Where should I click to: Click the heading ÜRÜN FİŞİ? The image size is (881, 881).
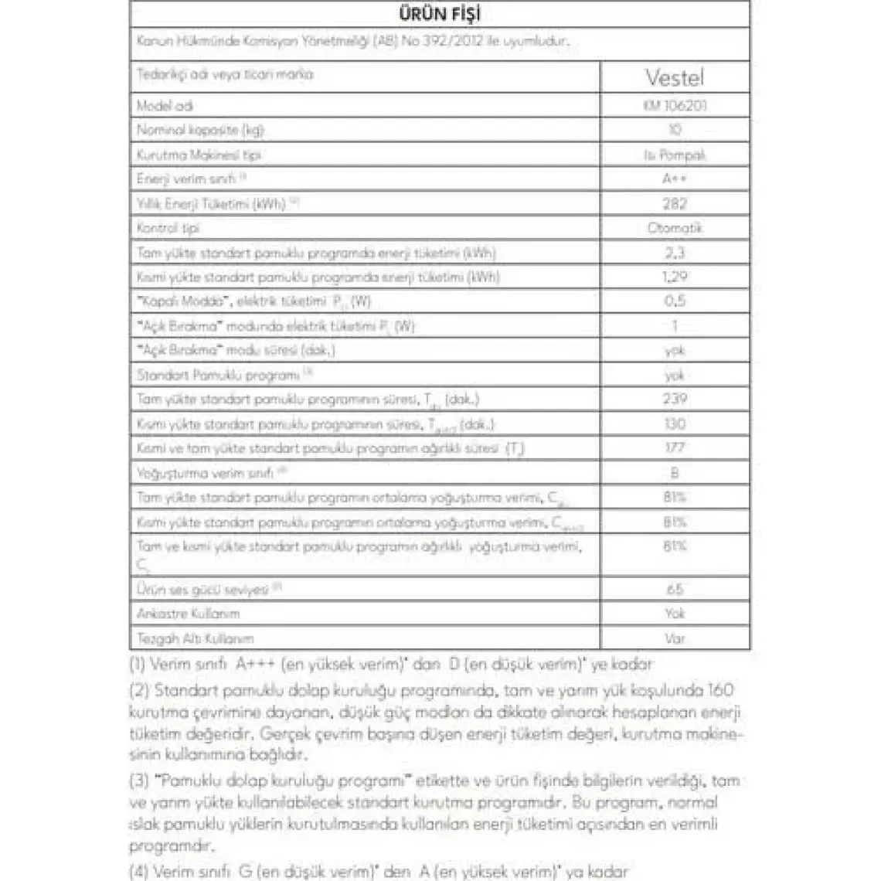[440, 14]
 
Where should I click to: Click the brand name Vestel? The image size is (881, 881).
[675, 77]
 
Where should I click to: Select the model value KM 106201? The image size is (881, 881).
[675, 105]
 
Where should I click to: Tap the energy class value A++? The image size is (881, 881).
[675, 179]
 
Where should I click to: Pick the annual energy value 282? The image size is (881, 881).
[675, 203]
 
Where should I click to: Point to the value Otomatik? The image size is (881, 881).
[675, 228]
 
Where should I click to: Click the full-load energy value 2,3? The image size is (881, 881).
[675, 253]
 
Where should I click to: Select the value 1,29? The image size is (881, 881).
[675, 277]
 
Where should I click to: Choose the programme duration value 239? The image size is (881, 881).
[675, 399]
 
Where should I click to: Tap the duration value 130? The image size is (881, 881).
[675, 423]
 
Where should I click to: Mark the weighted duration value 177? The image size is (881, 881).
[675, 447]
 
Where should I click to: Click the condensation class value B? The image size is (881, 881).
[675, 473]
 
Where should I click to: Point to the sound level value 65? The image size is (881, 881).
[675, 589]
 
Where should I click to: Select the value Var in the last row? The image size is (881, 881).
[675, 638]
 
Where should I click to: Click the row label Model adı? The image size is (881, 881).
[165, 106]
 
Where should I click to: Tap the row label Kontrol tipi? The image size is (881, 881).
[168, 228]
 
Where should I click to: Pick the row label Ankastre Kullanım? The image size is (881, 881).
[188, 614]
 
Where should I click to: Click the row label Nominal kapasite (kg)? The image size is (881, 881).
[201, 130]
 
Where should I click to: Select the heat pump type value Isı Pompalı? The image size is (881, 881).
[675, 155]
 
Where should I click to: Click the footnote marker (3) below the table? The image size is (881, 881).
[138, 782]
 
